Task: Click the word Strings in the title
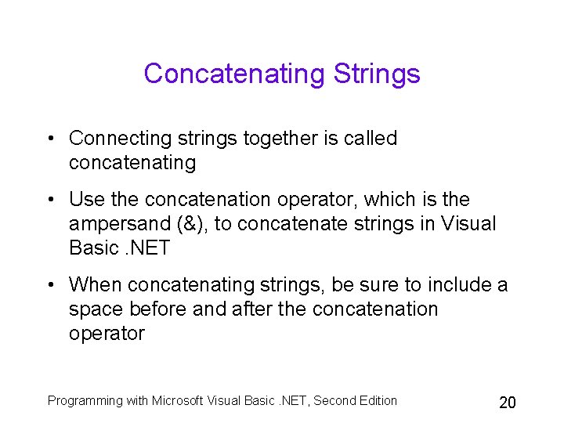[x=377, y=74]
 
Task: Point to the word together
[x=277, y=139]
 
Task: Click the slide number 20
[x=508, y=403]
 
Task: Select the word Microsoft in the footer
[x=178, y=401]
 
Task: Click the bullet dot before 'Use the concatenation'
[x=51, y=201]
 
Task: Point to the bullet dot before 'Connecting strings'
[x=51, y=139]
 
